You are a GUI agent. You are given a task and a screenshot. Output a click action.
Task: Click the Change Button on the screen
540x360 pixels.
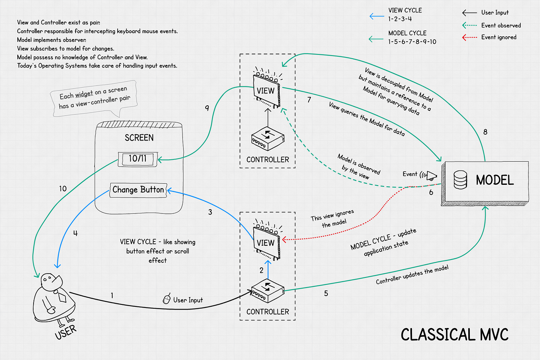tap(138, 190)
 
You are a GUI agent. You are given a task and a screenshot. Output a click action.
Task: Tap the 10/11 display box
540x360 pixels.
tap(138, 159)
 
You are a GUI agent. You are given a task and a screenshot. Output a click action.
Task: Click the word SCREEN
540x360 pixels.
tap(139, 138)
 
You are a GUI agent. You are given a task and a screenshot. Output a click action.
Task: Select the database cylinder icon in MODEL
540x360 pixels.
tap(460, 180)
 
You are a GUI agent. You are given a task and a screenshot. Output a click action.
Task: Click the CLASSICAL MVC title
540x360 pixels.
tap(454, 335)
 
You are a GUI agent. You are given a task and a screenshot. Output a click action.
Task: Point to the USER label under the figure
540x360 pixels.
tap(66, 332)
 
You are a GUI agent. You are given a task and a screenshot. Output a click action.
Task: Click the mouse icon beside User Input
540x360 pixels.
tap(167, 299)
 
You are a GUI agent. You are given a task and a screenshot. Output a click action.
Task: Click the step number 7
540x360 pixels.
tap(309, 100)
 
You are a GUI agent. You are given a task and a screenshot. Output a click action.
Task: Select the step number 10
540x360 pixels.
tap(63, 189)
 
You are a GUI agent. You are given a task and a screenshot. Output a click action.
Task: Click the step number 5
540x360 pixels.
tap(326, 293)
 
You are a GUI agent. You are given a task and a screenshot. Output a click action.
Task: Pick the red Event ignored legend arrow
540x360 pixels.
tap(469, 37)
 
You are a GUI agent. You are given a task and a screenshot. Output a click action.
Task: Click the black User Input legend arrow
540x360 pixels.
tap(469, 12)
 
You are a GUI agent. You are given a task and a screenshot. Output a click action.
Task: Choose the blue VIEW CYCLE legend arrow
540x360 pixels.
tap(377, 16)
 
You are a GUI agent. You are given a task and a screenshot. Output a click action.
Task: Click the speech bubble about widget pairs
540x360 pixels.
tap(94, 99)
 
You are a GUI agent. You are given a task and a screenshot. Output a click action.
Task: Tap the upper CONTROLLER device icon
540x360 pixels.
tap(268, 139)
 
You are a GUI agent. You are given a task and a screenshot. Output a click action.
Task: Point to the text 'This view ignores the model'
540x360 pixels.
tap(332, 218)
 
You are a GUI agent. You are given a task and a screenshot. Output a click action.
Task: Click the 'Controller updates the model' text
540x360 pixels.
tap(412, 275)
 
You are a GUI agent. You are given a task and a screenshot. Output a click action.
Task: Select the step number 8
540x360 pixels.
tap(485, 132)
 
